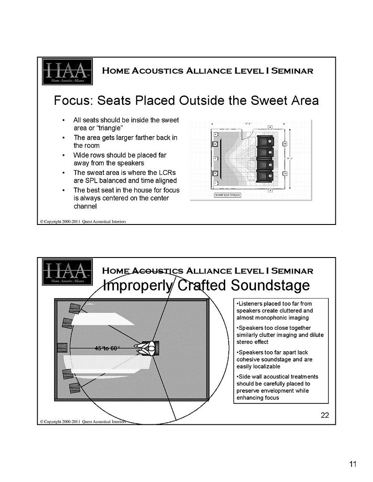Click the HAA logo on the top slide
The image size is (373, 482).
point(67,71)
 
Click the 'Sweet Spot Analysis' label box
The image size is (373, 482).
point(227,195)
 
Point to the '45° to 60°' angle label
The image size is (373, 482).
point(107,348)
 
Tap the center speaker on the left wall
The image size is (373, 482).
point(62,348)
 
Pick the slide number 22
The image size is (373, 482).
point(325,416)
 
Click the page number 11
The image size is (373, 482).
point(352,465)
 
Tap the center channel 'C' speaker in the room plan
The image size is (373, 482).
point(215,158)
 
